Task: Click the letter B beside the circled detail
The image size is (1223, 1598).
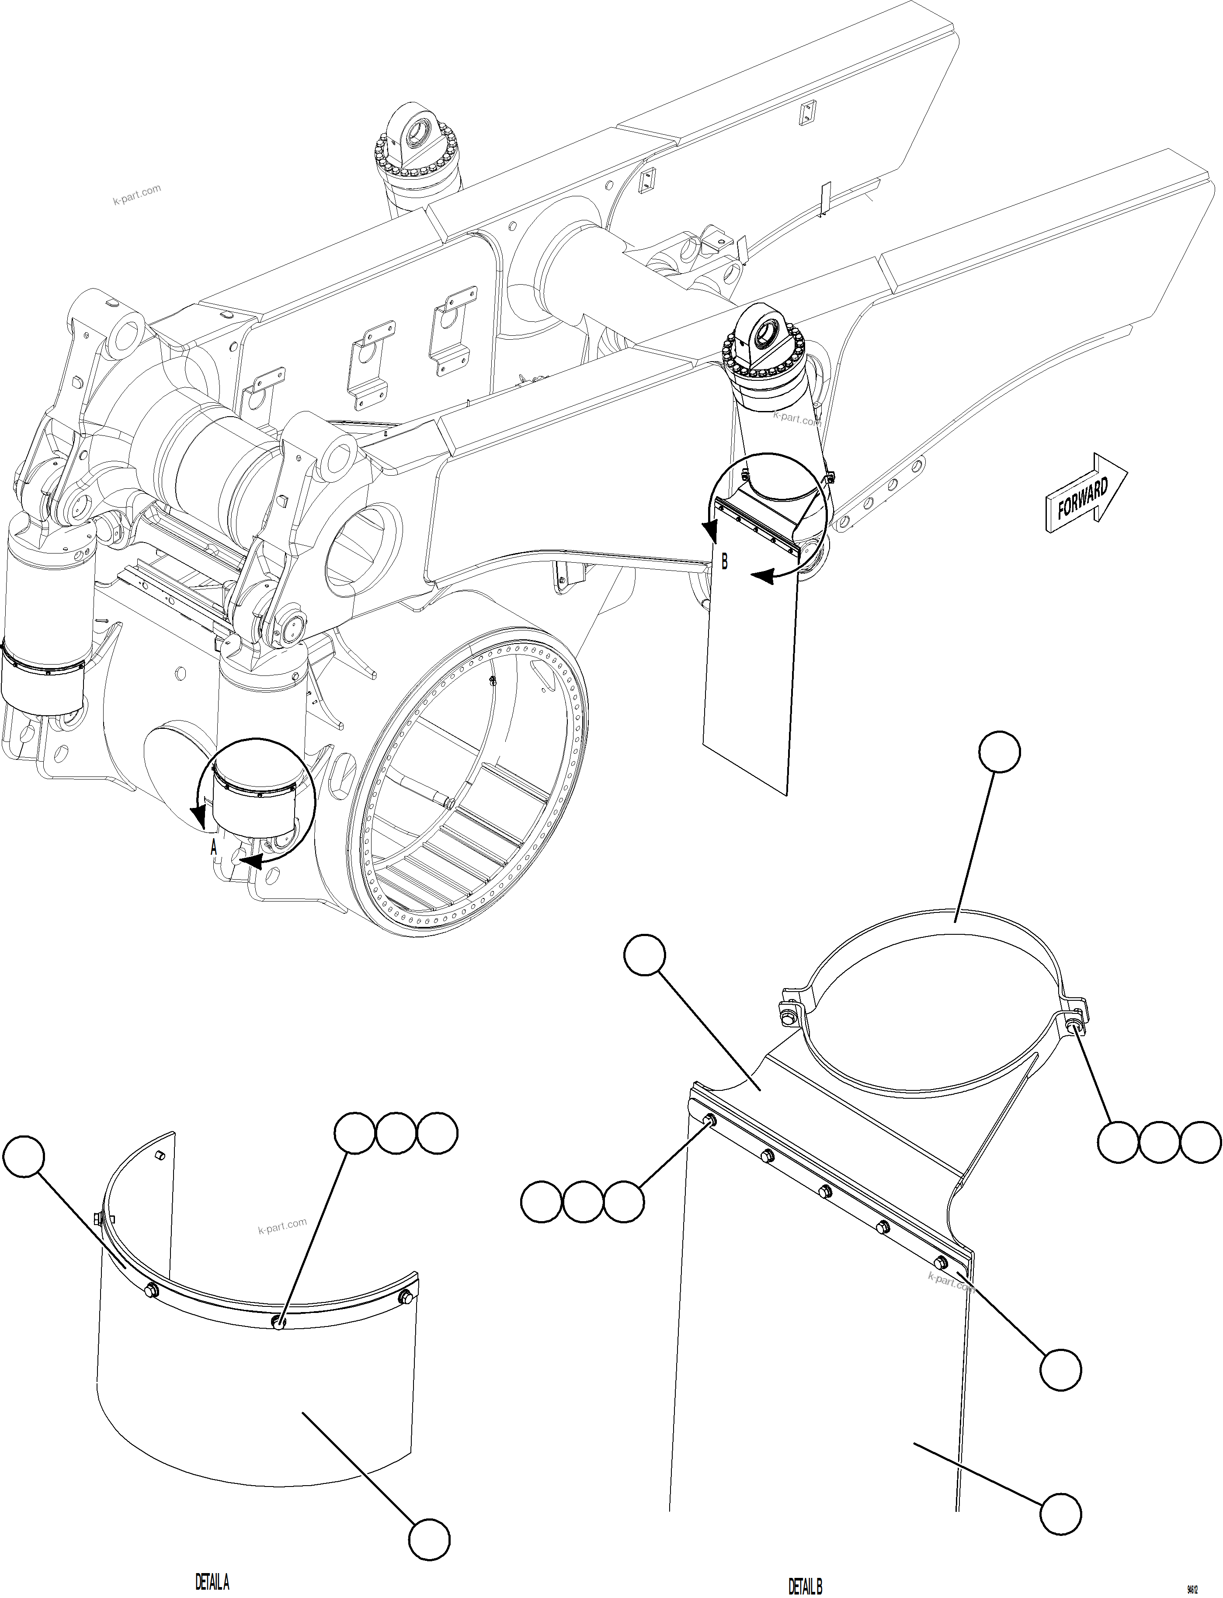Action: (x=724, y=562)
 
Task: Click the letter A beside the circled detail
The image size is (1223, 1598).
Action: (x=213, y=847)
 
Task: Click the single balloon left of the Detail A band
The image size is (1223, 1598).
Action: (x=23, y=1156)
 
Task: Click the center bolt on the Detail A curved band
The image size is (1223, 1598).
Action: (x=278, y=1321)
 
